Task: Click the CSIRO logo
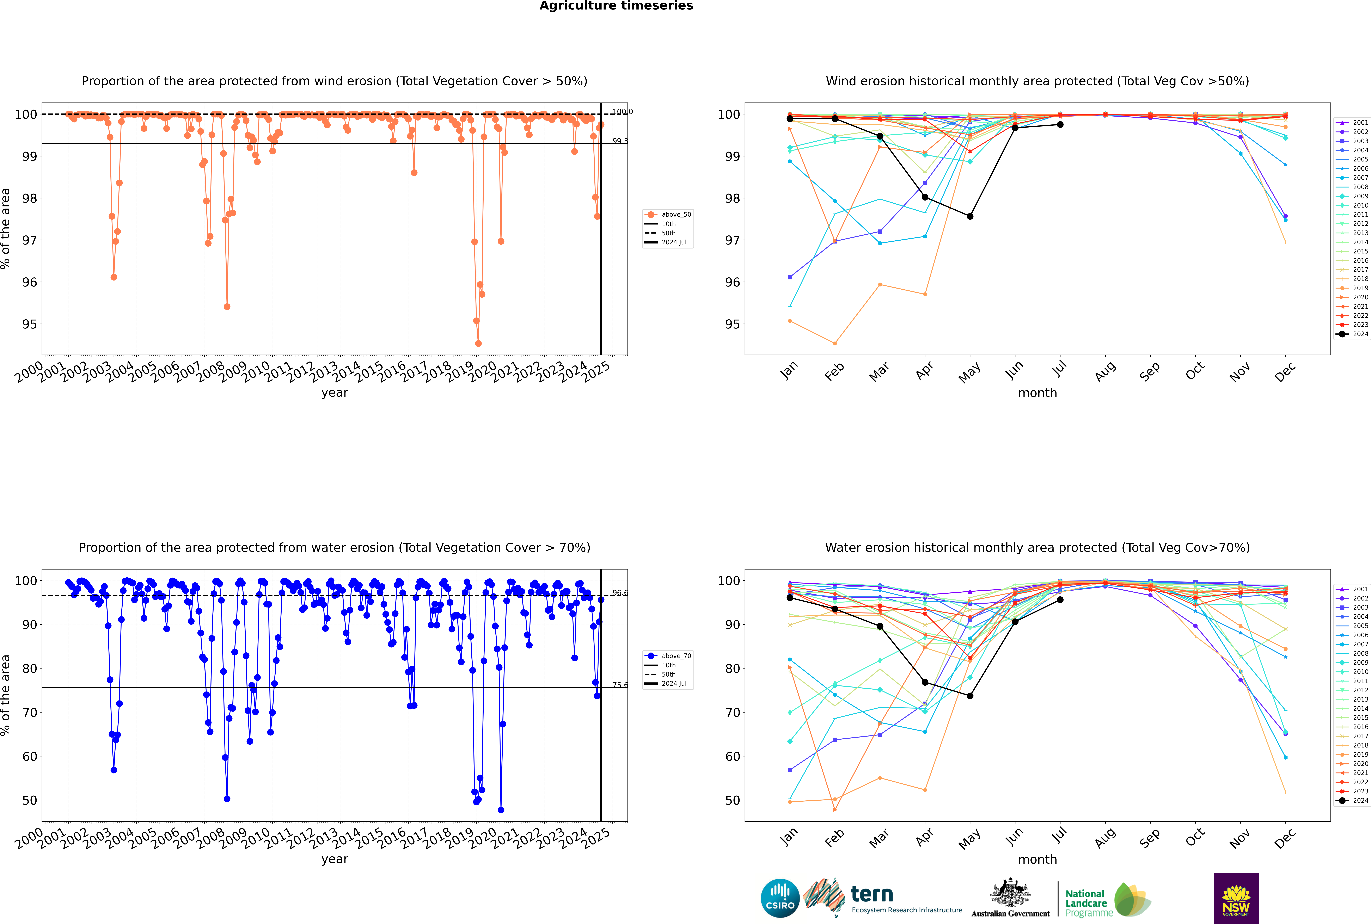(780, 898)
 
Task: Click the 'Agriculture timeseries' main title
(616, 6)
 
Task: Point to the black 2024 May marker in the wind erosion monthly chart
(970, 216)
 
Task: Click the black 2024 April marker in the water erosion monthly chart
(925, 682)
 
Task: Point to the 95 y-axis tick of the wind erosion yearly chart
(29, 324)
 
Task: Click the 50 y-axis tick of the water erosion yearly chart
(29, 800)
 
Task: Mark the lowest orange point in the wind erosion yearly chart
(478, 343)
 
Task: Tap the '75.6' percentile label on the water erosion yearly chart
(619, 685)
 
